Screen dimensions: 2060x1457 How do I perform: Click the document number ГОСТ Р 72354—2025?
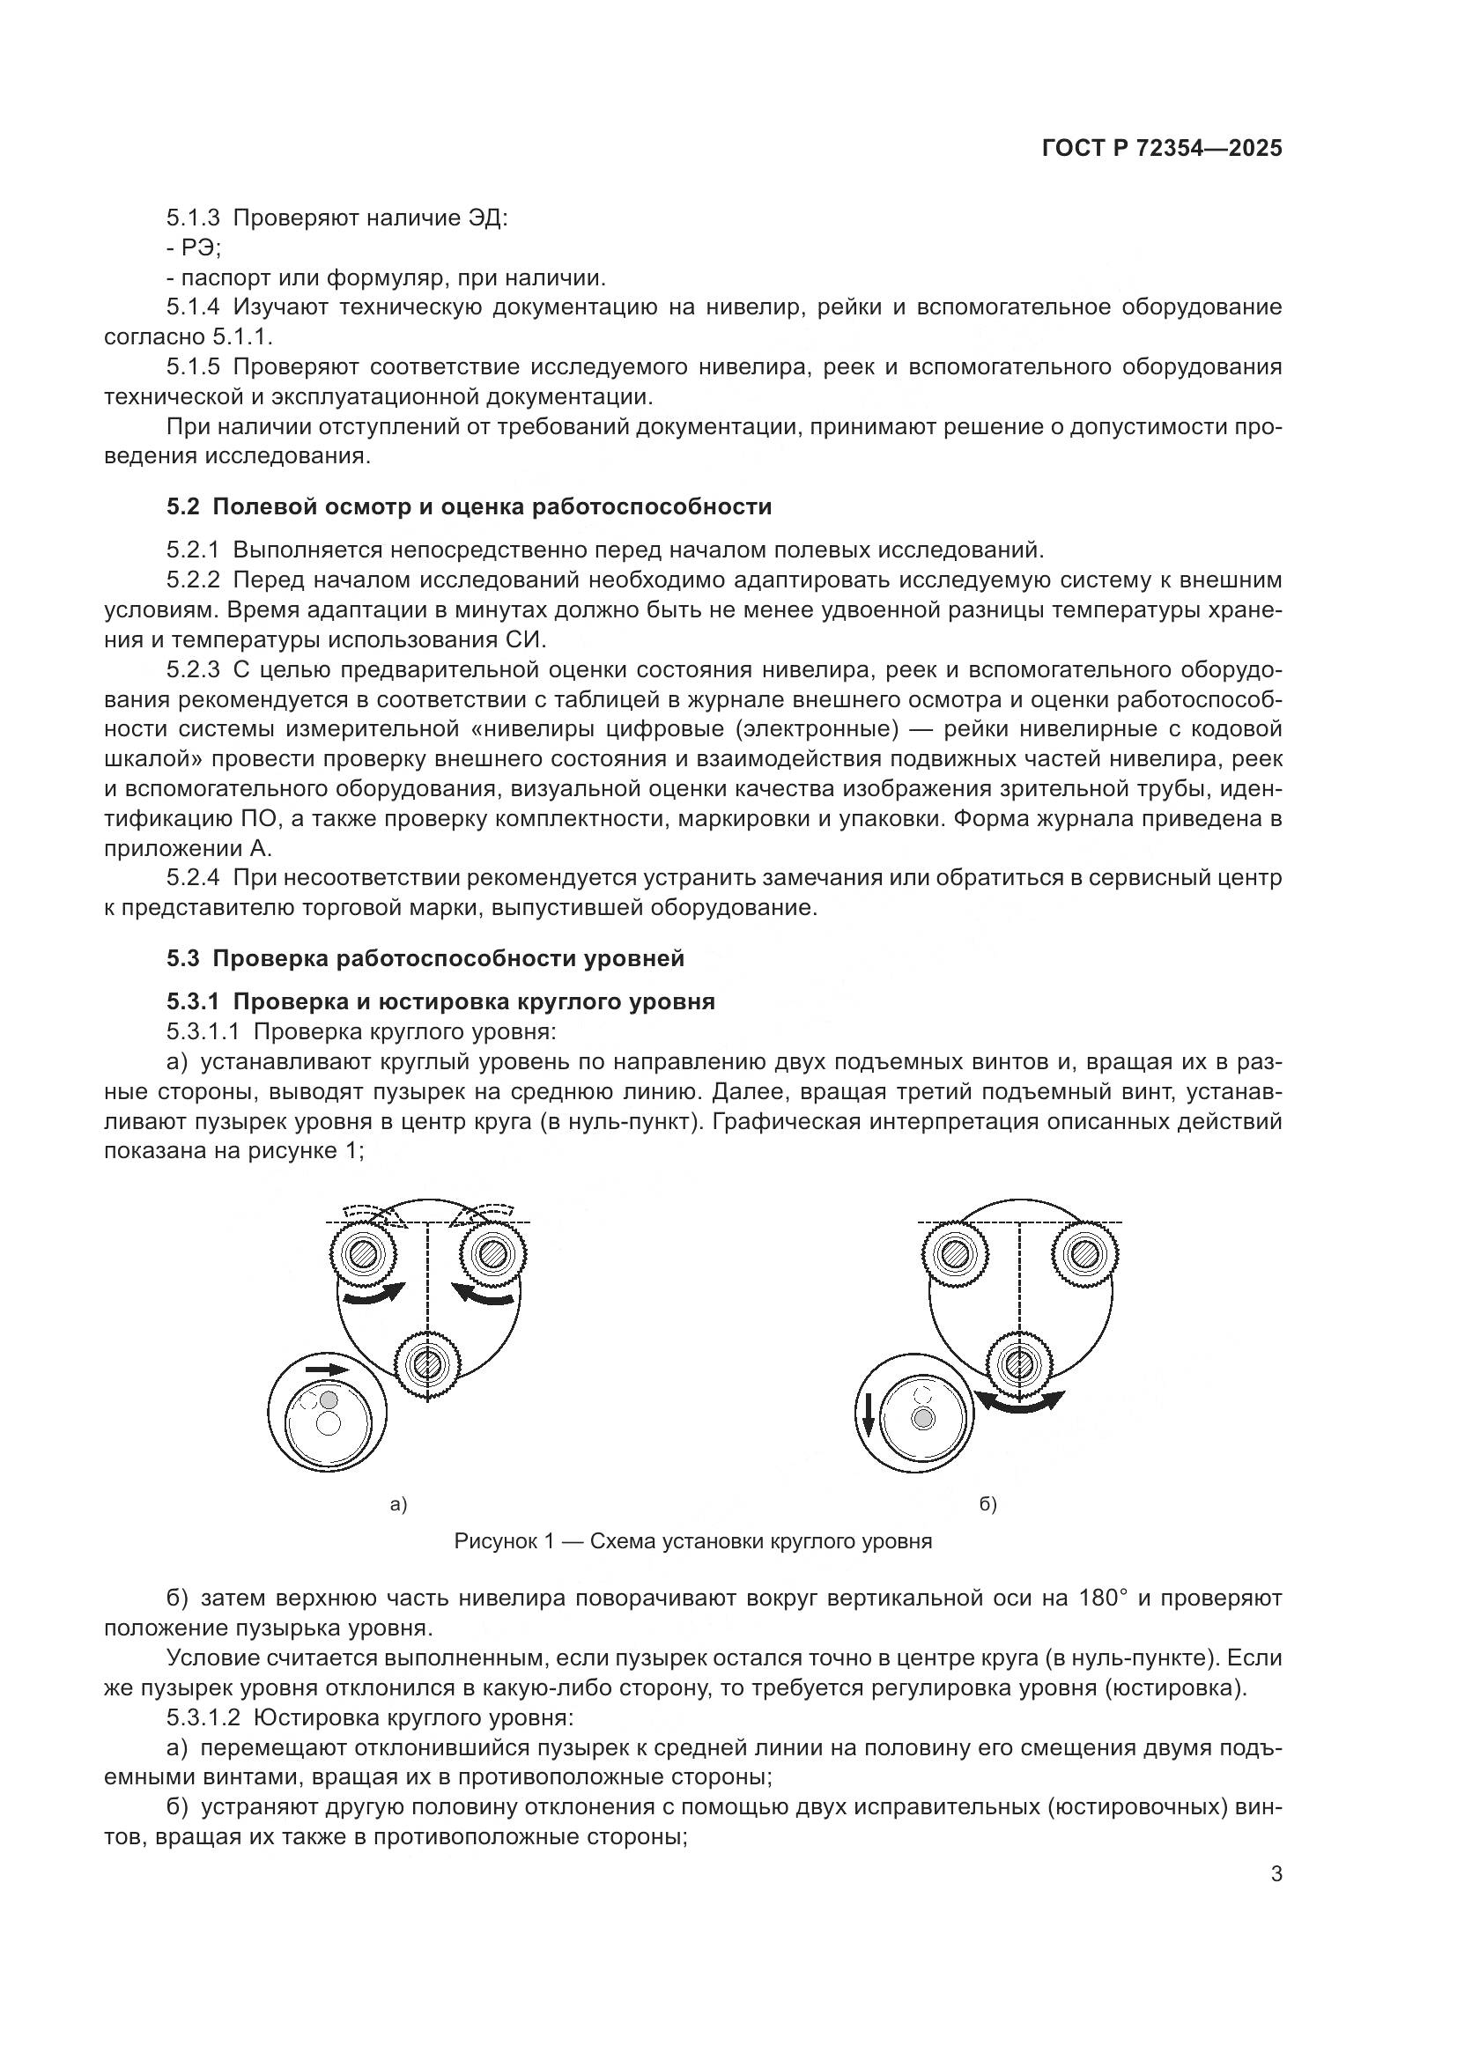pos(1162,149)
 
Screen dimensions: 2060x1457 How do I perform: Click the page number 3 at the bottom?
pos(1276,1873)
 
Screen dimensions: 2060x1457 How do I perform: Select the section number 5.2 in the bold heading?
pos(182,507)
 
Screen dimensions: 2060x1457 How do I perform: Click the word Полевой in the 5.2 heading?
pos(255,507)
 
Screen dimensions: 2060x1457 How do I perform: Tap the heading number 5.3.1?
pos(193,1001)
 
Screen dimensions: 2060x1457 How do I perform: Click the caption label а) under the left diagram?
pos(398,1504)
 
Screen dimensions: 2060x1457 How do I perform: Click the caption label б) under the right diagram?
pos(987,1504)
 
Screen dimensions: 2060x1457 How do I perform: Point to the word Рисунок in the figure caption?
pos(497,1541)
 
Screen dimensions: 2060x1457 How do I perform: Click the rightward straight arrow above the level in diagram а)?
pos(326,1370)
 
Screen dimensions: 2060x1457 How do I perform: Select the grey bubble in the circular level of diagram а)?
pos(329,1399)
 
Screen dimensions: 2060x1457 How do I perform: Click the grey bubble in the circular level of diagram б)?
pos(922,1419)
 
